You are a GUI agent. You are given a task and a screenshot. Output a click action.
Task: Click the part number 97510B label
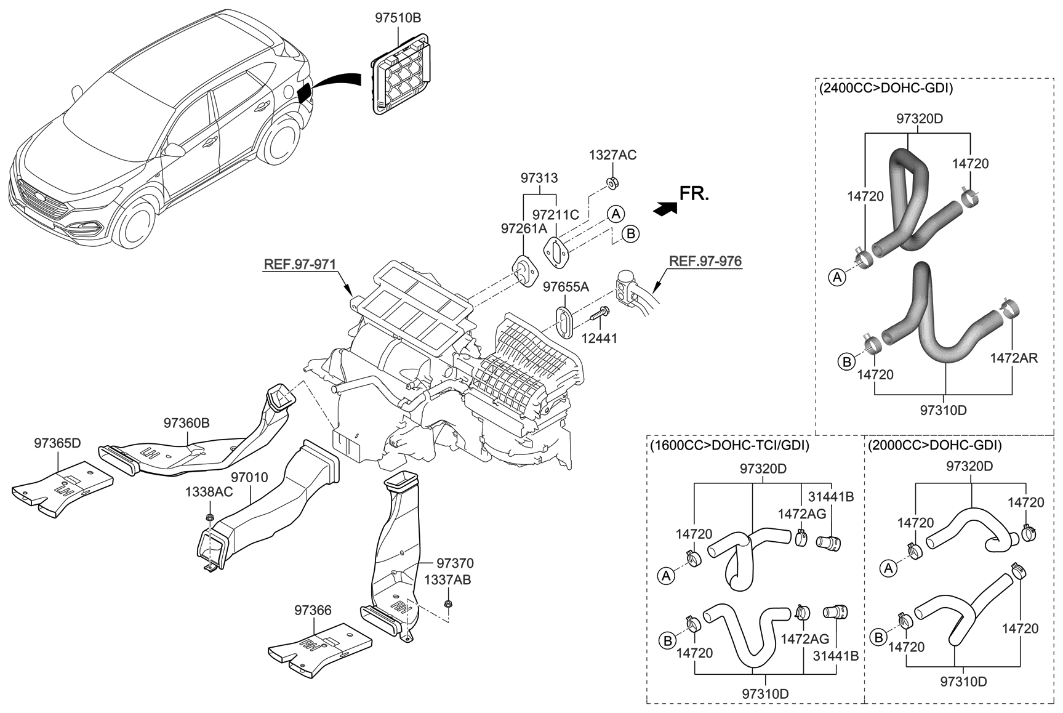click(x=398, y=18)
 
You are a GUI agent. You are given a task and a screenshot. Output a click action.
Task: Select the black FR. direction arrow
click(x=664, y=208)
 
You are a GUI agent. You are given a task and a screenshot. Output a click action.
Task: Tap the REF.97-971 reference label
click(x=300, y=265)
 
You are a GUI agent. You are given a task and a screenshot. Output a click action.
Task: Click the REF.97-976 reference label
click(x=705, y=261)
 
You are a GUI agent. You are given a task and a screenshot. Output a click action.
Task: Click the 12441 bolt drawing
click(x=598, y=316)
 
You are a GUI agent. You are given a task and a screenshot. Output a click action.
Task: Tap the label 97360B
click(x=187, y=423)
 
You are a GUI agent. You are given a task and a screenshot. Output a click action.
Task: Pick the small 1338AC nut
click(x=211, y=517)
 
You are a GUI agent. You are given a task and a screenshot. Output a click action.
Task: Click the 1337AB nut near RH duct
click(x=447, y=602)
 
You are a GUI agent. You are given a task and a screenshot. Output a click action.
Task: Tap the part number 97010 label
click(x=249, y=478)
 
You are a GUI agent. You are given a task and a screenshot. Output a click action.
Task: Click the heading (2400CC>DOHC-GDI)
click(x=886, y=88)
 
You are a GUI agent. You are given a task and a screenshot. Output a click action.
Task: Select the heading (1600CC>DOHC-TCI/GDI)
click(x=729, y=445)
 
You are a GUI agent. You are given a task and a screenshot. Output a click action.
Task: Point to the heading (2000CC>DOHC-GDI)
click(x=934, y=445)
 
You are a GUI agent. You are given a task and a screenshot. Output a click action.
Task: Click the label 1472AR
click(x=1013, y=358)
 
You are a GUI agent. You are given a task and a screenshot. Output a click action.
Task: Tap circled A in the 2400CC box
click(x=836, y=278)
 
